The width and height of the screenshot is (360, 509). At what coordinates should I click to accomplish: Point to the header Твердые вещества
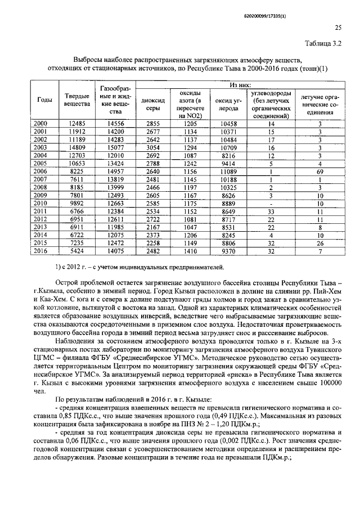[76, 100]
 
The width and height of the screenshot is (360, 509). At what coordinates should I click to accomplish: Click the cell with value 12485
[76, 123]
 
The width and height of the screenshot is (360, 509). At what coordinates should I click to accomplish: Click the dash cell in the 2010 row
[271, 202]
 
